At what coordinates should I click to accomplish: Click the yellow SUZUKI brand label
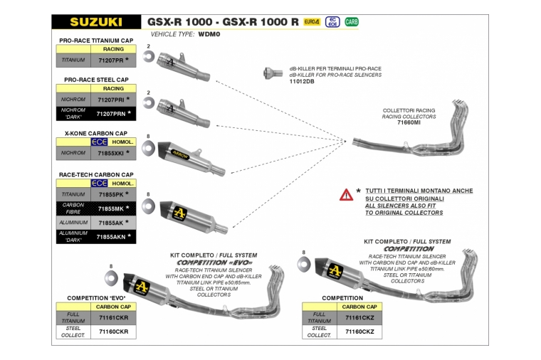[95, 22]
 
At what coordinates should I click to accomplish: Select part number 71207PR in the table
[111, 60]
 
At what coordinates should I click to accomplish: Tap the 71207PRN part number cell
[112, 114]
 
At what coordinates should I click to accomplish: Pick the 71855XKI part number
[112, 152]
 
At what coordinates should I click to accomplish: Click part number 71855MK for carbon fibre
[111, 208]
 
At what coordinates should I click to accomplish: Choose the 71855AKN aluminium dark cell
[112, 236]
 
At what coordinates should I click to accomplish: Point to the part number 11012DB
[302, 82]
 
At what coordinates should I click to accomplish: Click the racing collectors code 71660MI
[409, 122]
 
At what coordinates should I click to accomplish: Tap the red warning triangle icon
[346, 194]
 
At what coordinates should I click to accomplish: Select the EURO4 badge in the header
[312, 22]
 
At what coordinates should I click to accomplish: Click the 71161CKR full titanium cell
[113, 317]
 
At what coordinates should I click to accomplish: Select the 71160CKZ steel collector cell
[359, 331]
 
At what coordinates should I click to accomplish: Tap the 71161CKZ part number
[359, 317]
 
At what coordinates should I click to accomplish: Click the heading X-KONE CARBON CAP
[95, 133]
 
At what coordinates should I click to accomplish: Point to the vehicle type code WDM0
[209, 34]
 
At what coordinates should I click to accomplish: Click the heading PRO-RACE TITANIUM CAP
[95, 41]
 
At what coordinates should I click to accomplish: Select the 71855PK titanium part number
[111, 194]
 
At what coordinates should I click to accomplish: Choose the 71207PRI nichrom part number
[112, 100]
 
